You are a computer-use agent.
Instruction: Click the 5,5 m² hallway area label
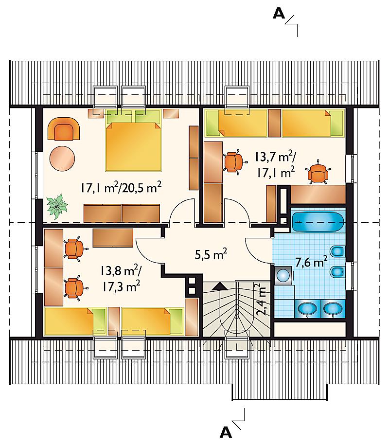tap(211, 254)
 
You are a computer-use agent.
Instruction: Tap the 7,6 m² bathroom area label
tap(311, 262)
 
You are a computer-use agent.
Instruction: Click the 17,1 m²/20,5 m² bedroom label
tap(121, 188)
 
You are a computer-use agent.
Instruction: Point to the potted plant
tap(57, 206)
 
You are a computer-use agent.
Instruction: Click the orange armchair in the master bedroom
tap(64, 129)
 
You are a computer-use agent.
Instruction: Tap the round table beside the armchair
tap(62, 159)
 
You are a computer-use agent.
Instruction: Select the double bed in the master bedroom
tap(133, 140)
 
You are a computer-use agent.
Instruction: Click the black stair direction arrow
tap(220, 286)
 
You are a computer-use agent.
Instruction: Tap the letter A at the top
tap(279, 13)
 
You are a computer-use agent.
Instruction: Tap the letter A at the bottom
tap(226, 432)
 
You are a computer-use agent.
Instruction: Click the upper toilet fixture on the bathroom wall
tap(337, 251)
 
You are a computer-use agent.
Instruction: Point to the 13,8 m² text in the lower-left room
tap(120, 271)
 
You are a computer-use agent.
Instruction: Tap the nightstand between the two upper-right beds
tap(274, 123)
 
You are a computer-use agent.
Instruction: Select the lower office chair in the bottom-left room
tap(74, 288)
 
